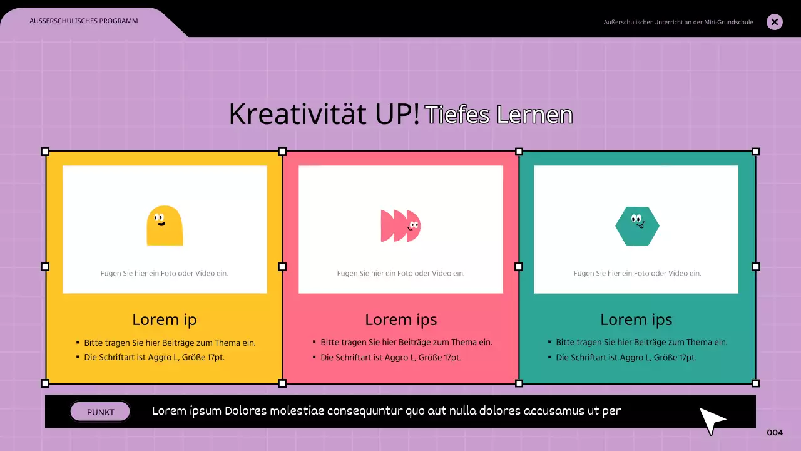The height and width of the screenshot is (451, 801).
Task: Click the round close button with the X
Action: (x=775, y=23)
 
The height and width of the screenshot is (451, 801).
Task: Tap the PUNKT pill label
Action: (x=100, y=412)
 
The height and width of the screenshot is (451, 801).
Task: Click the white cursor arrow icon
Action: (x=712, y=420)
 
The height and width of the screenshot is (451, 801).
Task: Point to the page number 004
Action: (x=775, y=433)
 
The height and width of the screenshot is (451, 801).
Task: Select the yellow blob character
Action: (x=165, y=225)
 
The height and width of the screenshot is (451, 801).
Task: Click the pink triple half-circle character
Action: (x=400, y=225)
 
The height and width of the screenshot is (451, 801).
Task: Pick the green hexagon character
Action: (x=637, y=226)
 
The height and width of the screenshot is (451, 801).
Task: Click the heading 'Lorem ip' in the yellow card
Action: (x=165, y=320)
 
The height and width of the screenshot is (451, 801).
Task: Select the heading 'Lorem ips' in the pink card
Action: (x=401, y=320)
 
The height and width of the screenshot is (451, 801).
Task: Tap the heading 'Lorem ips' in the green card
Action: (x=636, y=320)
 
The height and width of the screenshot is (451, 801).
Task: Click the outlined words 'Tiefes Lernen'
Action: (x=499, y=115)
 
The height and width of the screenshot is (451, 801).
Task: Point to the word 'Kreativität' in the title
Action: (x=293, y=115)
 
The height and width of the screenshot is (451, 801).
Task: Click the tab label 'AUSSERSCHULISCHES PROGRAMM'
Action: (x=84, y=21)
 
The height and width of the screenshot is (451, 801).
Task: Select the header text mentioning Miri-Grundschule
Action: (x=678, y=23)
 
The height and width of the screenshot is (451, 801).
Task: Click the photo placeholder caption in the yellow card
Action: (x=165, y=273)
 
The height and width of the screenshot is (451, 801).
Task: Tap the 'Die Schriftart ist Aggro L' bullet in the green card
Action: (x=626, y=358)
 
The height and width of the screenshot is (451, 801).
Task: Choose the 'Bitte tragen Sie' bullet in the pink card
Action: (x=406, y=343)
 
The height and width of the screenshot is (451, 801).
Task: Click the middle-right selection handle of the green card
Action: (x=755, y=267)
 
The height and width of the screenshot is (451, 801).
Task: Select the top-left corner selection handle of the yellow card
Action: (x=45, y=152)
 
